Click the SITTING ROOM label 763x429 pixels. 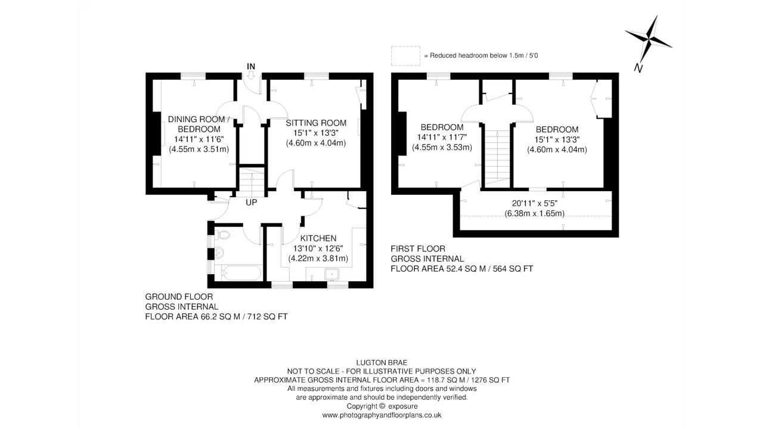pos(316,123)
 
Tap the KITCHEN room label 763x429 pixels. pos(318,238)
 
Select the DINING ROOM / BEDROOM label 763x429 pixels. pos(199,125)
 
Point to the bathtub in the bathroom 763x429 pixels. pos(241,273)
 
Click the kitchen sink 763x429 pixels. pos(331,274)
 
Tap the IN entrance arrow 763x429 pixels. pos(251,75)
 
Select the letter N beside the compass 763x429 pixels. pos(638,69)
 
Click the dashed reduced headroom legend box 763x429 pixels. pos(405,56)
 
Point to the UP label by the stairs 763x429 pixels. pos(252,203)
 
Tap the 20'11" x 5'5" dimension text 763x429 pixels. pos(535,203)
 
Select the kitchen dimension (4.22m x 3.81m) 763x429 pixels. pos(318,259)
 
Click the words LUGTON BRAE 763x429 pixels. pos(382,363)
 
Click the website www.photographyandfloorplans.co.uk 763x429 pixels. pos(382,415)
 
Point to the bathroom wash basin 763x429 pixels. pos(220,253)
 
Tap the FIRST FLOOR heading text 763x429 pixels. pos(418,249)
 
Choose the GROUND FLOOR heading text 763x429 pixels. pos(179,297)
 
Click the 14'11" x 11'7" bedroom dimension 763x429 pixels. pos(442,138)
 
